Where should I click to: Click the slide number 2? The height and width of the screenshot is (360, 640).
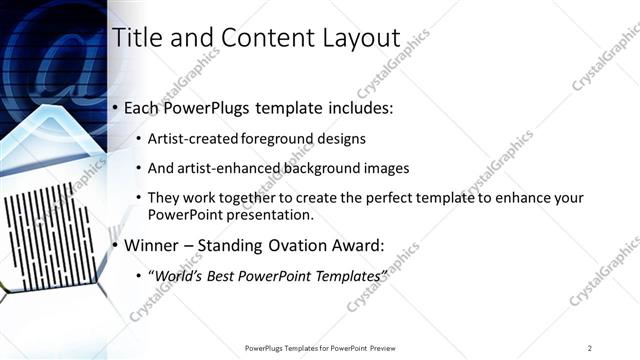pos(590,347)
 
